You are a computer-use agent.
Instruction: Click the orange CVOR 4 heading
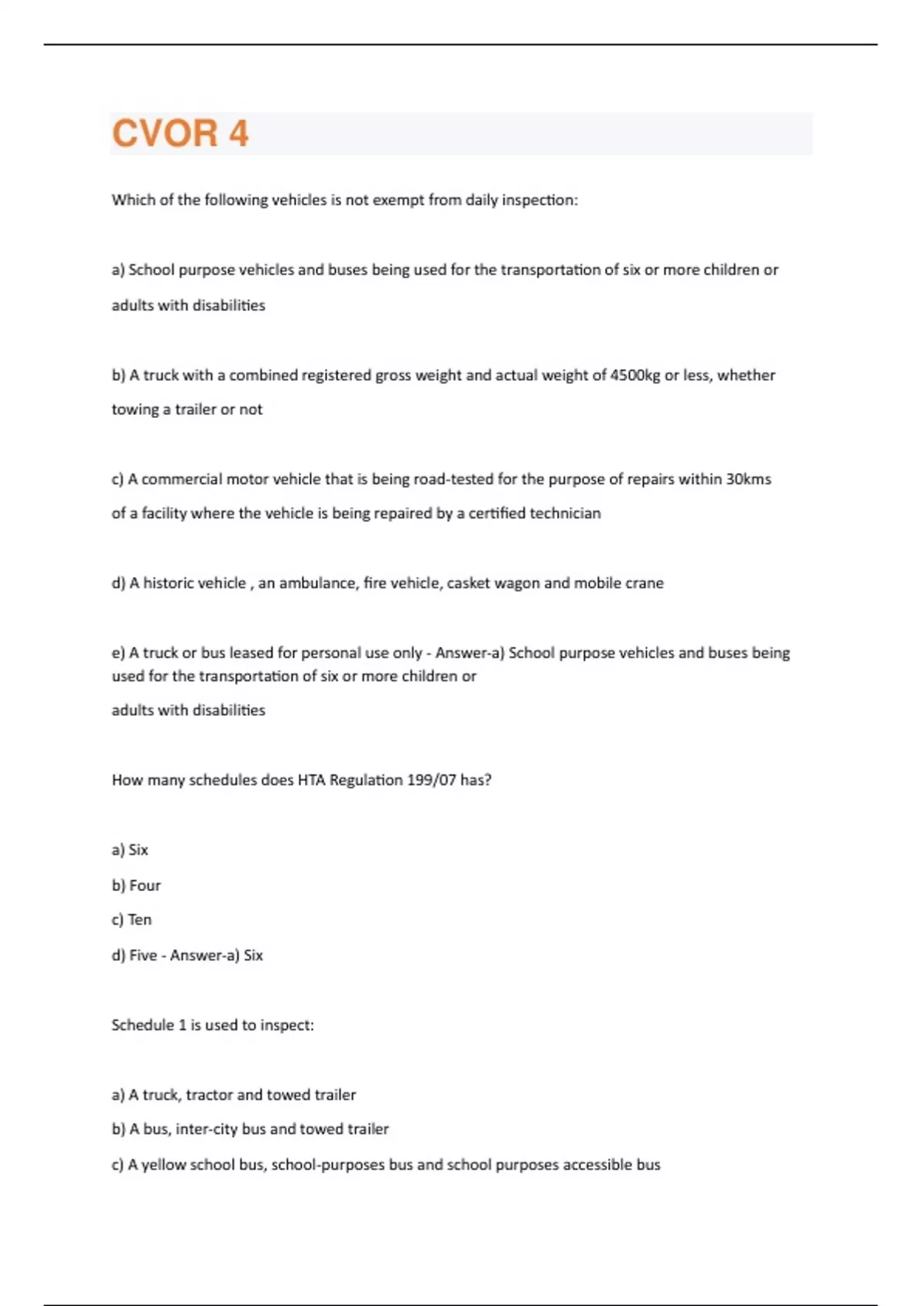point(181,134)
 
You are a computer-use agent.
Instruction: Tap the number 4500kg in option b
point(635,376)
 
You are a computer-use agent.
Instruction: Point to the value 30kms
point(748,479)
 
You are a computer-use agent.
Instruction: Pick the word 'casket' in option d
point(468,583)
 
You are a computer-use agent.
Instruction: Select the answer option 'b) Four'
point(136,886)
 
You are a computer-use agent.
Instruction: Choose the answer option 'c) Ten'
point(131,920)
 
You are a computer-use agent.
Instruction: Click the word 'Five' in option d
point(143,956)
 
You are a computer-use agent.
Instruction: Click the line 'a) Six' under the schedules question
point(130,850)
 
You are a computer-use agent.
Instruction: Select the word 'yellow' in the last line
point(164,1165)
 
